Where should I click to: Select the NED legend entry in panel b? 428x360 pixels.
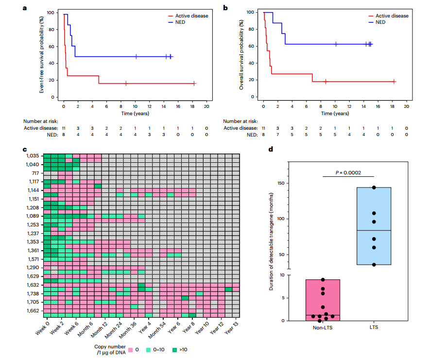pos(381,22)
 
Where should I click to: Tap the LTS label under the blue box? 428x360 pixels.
pos(374,327)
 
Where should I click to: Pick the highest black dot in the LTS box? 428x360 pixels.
pos(374,188)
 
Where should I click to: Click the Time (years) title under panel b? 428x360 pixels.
pos(335,113)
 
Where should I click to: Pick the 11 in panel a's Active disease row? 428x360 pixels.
pos(64,128)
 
